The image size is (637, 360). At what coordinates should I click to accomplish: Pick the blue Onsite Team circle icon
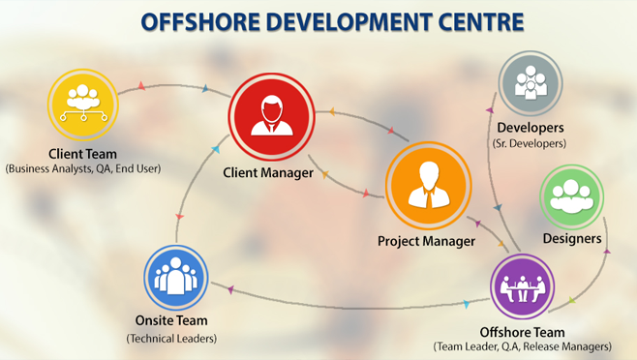pyautogui.click(x=176, y=277)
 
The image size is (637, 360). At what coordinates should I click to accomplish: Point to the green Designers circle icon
pyautogui.click(x=570, y=195)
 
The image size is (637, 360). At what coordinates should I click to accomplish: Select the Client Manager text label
pyautogui.click(x=268, y=173)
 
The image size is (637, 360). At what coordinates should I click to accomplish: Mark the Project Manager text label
pyautogui.click(x=426, y=240)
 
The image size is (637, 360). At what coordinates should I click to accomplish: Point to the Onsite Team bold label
pyautogui.click(x=172, y=320)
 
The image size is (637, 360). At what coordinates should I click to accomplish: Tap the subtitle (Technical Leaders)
pyautogui.click(x=172, y=338)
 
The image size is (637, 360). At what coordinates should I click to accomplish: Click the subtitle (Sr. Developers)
pyautogui.click(x=529, y=143)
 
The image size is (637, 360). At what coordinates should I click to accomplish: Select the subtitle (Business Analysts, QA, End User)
pyautogui.click(x=82, y=168)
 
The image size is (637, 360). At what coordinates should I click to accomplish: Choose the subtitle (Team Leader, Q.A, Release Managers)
pyautogui.click(x=522, y=345)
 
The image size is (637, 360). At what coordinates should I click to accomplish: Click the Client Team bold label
pyautogui.click(x=82, y=152)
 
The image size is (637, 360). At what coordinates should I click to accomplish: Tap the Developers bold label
pyautogui.click(x=530, y=127)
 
